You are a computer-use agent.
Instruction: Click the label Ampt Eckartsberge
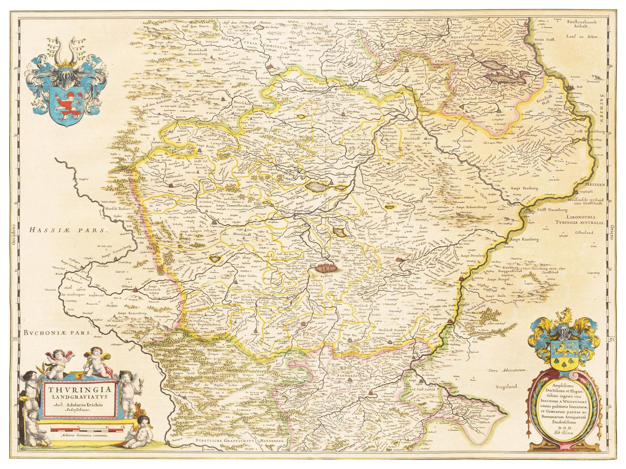(470, 207)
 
